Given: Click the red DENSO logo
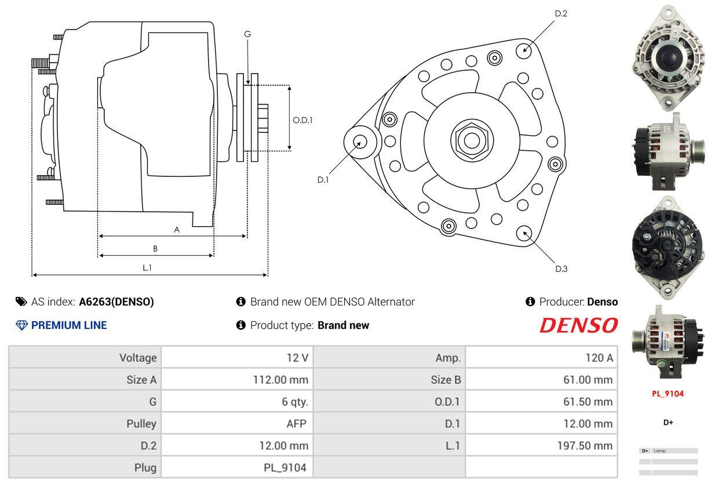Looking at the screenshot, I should coord(578,325).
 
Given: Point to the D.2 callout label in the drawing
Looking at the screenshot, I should coord(560,13).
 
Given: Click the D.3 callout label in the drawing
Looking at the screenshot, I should coord(561,269).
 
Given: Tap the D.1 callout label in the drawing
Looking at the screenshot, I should coord(323,180).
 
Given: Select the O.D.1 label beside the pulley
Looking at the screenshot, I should coord(302,120).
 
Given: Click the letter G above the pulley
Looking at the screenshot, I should coord(247,34).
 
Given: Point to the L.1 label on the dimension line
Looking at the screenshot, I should coord(147,268).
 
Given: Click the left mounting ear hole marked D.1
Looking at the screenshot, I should coord(359,141).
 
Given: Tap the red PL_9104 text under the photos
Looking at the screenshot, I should coord(668,394).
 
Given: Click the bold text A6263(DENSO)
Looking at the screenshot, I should coord(116,302).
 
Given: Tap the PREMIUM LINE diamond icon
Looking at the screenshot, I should coord(21,325).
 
